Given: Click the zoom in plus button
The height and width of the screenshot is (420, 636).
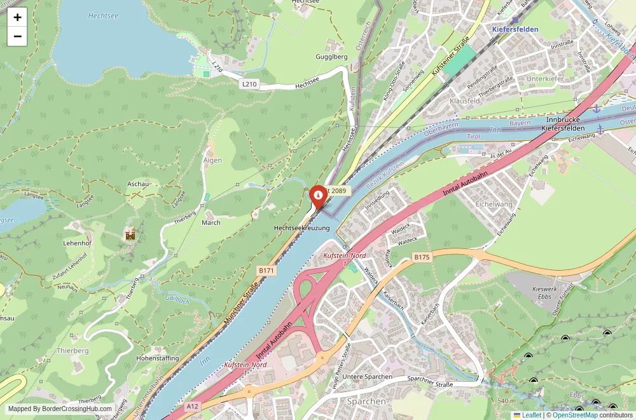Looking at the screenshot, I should point(17,17).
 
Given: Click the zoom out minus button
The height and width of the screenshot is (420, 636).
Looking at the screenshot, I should point(17,36).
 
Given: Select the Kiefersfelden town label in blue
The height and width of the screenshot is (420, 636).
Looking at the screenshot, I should point(515,29).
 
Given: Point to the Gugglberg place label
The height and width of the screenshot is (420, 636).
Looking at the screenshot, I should point(331,57).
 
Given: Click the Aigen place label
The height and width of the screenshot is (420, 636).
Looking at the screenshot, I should point(212,160).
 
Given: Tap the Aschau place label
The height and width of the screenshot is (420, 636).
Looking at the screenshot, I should point(138,184).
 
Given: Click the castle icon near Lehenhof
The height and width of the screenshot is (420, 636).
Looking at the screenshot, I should point(131,235).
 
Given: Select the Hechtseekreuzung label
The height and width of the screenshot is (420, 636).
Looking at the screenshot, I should point(301,227).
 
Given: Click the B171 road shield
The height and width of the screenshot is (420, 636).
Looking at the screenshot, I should point(266,271).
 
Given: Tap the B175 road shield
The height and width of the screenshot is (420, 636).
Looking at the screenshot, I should point(422,257).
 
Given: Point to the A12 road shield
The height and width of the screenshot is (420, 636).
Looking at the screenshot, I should point(193,405).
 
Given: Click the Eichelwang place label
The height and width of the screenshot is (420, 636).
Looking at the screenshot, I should point(494,204).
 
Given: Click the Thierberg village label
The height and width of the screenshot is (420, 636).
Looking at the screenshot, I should point(73,351).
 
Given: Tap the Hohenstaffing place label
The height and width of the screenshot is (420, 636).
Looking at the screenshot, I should point(158,358).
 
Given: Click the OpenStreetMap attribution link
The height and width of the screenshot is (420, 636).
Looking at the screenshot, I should point(575,415).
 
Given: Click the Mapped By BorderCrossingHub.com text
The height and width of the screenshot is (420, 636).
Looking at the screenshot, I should point(60,409).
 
